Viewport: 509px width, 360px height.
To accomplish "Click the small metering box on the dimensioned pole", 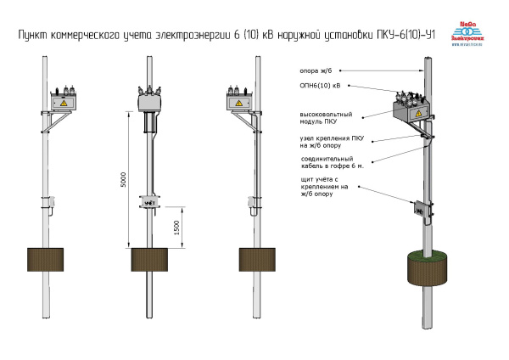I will pyautogui.click(x=151, y=203).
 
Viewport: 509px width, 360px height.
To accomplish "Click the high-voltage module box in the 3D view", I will pyautogui.click(x=410, y=111).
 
